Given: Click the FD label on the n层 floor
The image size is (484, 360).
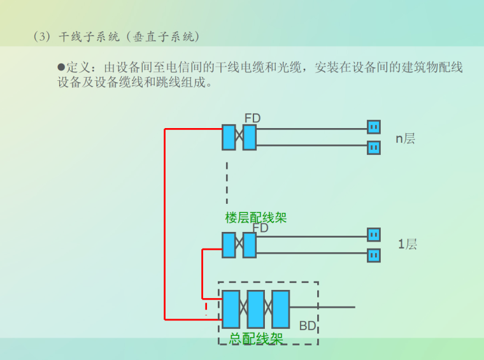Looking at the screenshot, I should [253, 118].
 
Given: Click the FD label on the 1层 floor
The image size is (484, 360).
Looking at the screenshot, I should [260, 227].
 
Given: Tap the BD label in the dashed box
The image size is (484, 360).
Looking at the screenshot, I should [308, 326].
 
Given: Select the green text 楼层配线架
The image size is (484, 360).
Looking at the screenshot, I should [256, 217].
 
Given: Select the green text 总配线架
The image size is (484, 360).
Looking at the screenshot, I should [256, 339].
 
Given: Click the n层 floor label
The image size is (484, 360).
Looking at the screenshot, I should [405, 138].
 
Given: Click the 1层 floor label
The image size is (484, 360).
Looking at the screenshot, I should [408, 244].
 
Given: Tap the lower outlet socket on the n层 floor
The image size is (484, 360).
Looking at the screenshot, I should [374, 148].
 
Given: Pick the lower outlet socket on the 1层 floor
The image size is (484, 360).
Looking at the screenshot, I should [374, 256].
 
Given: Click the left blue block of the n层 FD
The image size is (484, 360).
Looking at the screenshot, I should [229, 138].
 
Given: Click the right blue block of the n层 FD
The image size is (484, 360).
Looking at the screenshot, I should [250, 138].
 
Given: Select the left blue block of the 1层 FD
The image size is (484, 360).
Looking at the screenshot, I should [229, 245].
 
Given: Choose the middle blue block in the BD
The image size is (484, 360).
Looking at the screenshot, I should [256, 309].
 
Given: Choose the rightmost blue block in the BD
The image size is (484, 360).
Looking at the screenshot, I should [281, 309].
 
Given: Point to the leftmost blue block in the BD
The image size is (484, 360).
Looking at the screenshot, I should [231, 309].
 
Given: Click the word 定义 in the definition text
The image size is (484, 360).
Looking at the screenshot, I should [79, 68].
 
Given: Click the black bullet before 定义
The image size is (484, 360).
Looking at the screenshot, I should [61, 67].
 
